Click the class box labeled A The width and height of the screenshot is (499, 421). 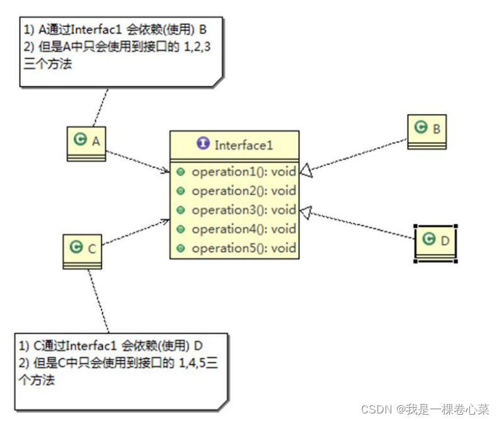click(86, 142)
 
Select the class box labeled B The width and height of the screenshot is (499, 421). click(427, 130)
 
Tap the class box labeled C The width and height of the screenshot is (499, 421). click(83, 249)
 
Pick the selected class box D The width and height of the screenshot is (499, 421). click(435, 241)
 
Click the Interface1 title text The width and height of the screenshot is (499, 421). click(244, 145)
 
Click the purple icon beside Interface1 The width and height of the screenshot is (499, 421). click(203, 144)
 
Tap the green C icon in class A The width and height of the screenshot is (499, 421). click(79, 140)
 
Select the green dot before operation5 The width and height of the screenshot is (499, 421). click(181, 249)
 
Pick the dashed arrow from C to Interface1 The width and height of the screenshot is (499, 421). click(135, 233)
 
